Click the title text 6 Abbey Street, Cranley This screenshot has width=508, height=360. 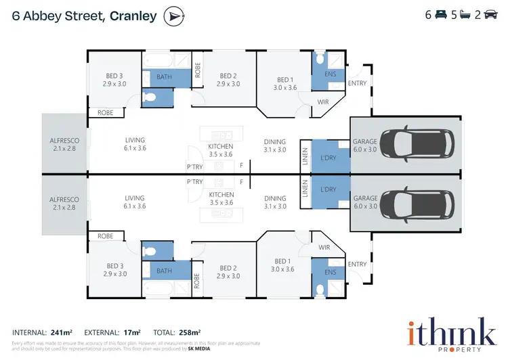[x=85, y=16]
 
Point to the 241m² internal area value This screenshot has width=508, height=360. [x=62, y=332]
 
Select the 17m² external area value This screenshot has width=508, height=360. [x=131, y=332]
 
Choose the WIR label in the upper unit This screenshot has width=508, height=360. [x=323, y=102]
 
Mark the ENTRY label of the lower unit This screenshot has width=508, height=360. [x=357, y=263]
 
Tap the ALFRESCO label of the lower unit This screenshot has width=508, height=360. [x=64, y=200]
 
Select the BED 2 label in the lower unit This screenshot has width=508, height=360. [x=228, y=268]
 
